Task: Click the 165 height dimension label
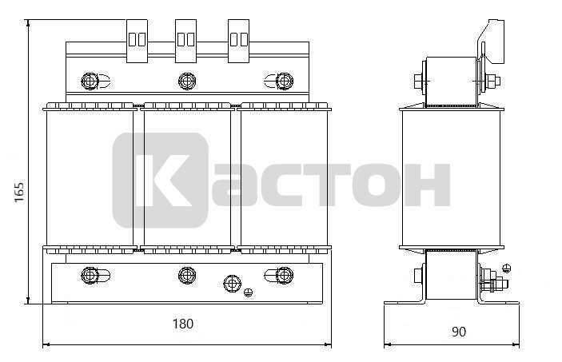19,192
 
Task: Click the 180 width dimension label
183,324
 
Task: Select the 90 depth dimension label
459,332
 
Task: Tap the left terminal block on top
137,41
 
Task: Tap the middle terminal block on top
185,41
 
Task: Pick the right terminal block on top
239,41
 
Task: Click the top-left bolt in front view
90,82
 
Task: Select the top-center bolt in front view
187,82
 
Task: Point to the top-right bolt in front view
285,82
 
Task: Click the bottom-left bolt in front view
90,275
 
